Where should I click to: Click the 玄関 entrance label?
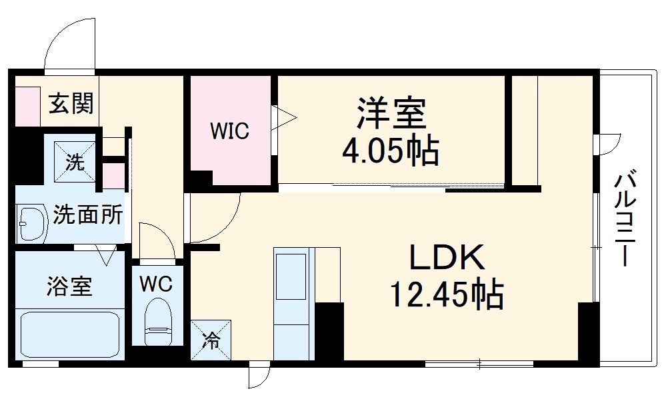(x=71, y=104)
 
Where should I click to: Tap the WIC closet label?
(x=229, y=131)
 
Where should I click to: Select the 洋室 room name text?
(x=391, y=113)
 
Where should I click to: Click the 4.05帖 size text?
(x=391, y=153)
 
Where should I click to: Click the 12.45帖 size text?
(x=445, y=294)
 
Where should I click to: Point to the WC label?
(x=156, y=284)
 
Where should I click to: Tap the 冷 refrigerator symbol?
(x=211, y=341)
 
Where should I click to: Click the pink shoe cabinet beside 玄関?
(x=27, y=105)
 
